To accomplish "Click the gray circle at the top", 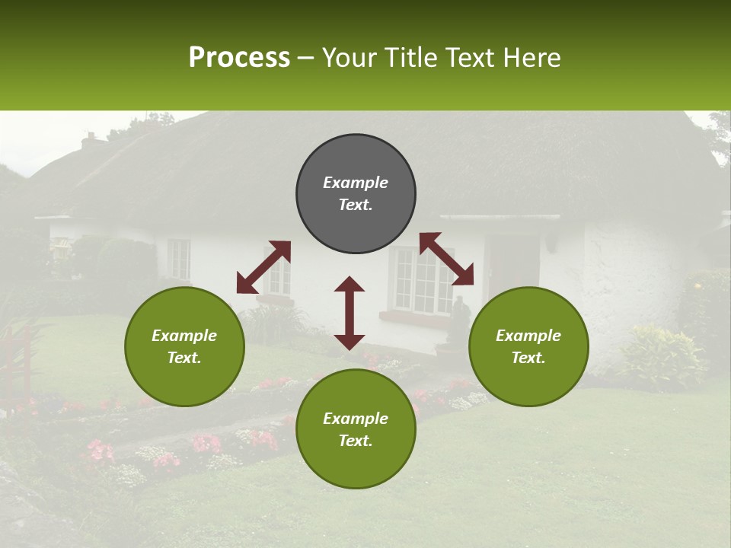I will click(356, 194).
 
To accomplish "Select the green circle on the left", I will click(184, 346).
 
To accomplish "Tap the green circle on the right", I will click(528, 346).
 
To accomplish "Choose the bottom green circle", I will click(356, 429).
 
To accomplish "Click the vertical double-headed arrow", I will click(350, 313).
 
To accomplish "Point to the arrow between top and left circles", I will click(263, 267).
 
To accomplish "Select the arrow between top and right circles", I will click(446, 259).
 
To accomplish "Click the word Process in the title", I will click(239, 58).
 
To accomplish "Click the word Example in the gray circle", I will click(356, 183).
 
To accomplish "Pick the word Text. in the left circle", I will click(184, 358).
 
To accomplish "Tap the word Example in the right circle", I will click(528, 336).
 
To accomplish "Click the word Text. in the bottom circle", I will click(356, 441).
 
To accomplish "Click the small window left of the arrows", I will click(179, 259).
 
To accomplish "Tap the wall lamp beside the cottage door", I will click(551, 242).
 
